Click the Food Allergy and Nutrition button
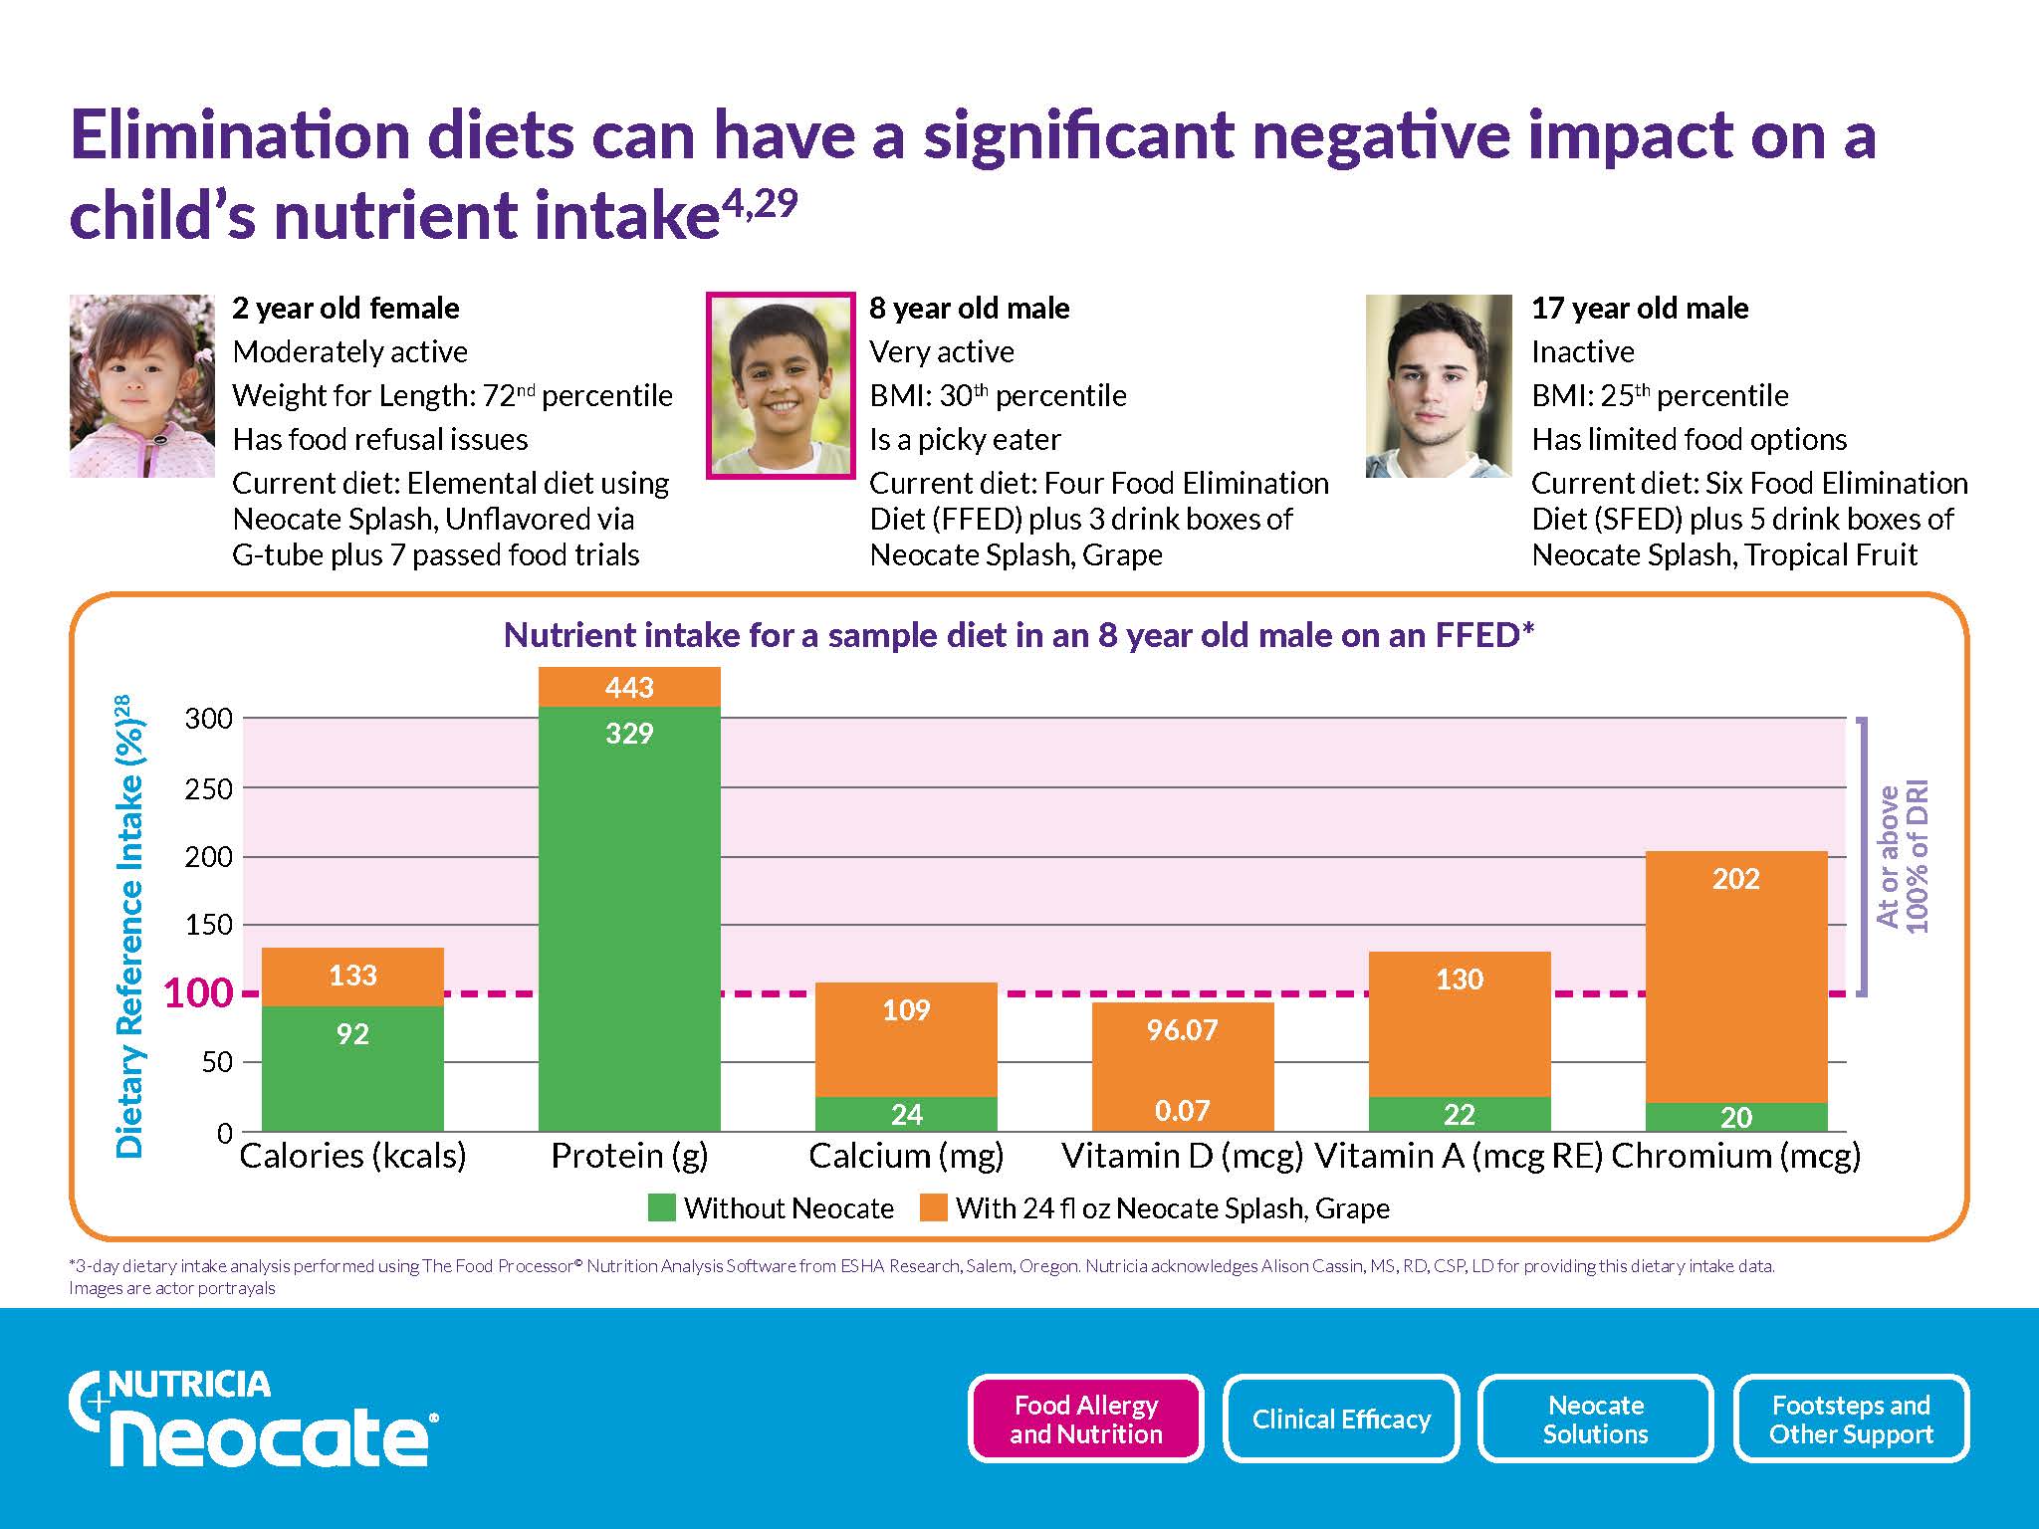coord(1085,1419)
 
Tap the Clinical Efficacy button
coord(1341,1419)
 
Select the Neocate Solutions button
coord(1596,1419)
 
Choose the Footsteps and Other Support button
coord(1851,1419)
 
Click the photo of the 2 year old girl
coord(142,386)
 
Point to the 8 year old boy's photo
coord(781,386)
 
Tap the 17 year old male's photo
coord(1439,386)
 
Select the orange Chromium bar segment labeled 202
coord(1736,976)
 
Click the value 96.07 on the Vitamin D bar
coord(1182,1029)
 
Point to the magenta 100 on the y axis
coord(197,993)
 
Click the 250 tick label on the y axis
coord(208,788)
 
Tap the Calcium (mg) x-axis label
coord(906,1156)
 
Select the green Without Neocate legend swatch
coord(661,1207)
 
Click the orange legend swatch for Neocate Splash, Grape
coord(933,1207)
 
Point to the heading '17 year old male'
coord(1639,309)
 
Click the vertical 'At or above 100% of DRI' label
coord(1903,856)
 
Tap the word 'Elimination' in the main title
coord(240,136)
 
